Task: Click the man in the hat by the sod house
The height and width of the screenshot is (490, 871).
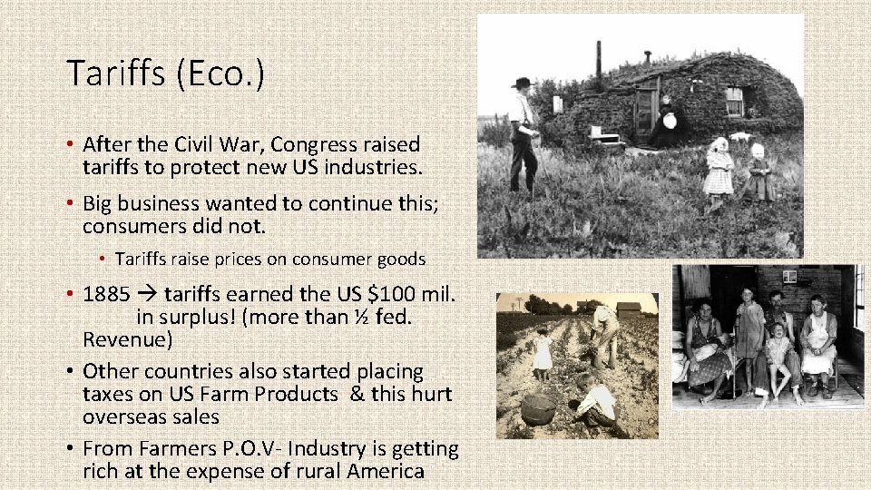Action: click(x=522, y=132)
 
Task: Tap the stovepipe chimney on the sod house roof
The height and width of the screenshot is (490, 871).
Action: click(x=598, y=59)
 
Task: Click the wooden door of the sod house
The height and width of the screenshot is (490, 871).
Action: click(x=645, y=109)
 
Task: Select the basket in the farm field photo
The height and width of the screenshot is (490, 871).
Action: click(x=539, y=409)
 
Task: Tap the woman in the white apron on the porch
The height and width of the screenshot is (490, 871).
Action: click(x=818, y=340)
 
